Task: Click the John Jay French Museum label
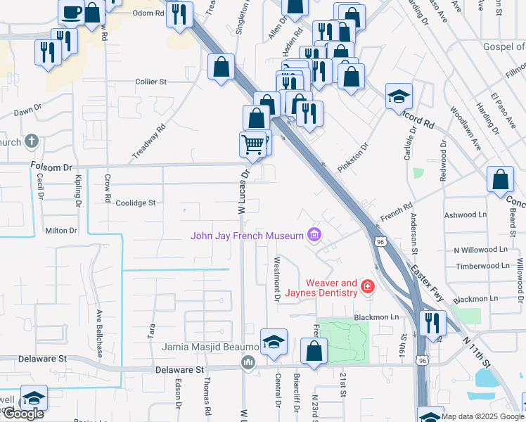[x=247, y=235]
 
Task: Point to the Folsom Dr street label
[x=52, y=167]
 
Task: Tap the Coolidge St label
[x=135, y=203]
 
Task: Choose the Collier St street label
[x=150, y=82]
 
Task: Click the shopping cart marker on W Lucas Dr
[x=253, y=145]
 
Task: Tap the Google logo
[x=23, y=413]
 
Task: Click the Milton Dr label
[x=60, y=230]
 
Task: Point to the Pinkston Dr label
[x=354, y=161]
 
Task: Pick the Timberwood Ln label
[x=482, y=266]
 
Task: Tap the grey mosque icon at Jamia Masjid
[x=248, y=363]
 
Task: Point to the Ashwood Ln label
[x=466, y=215]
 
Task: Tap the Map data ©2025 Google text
[x=482, y=416]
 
